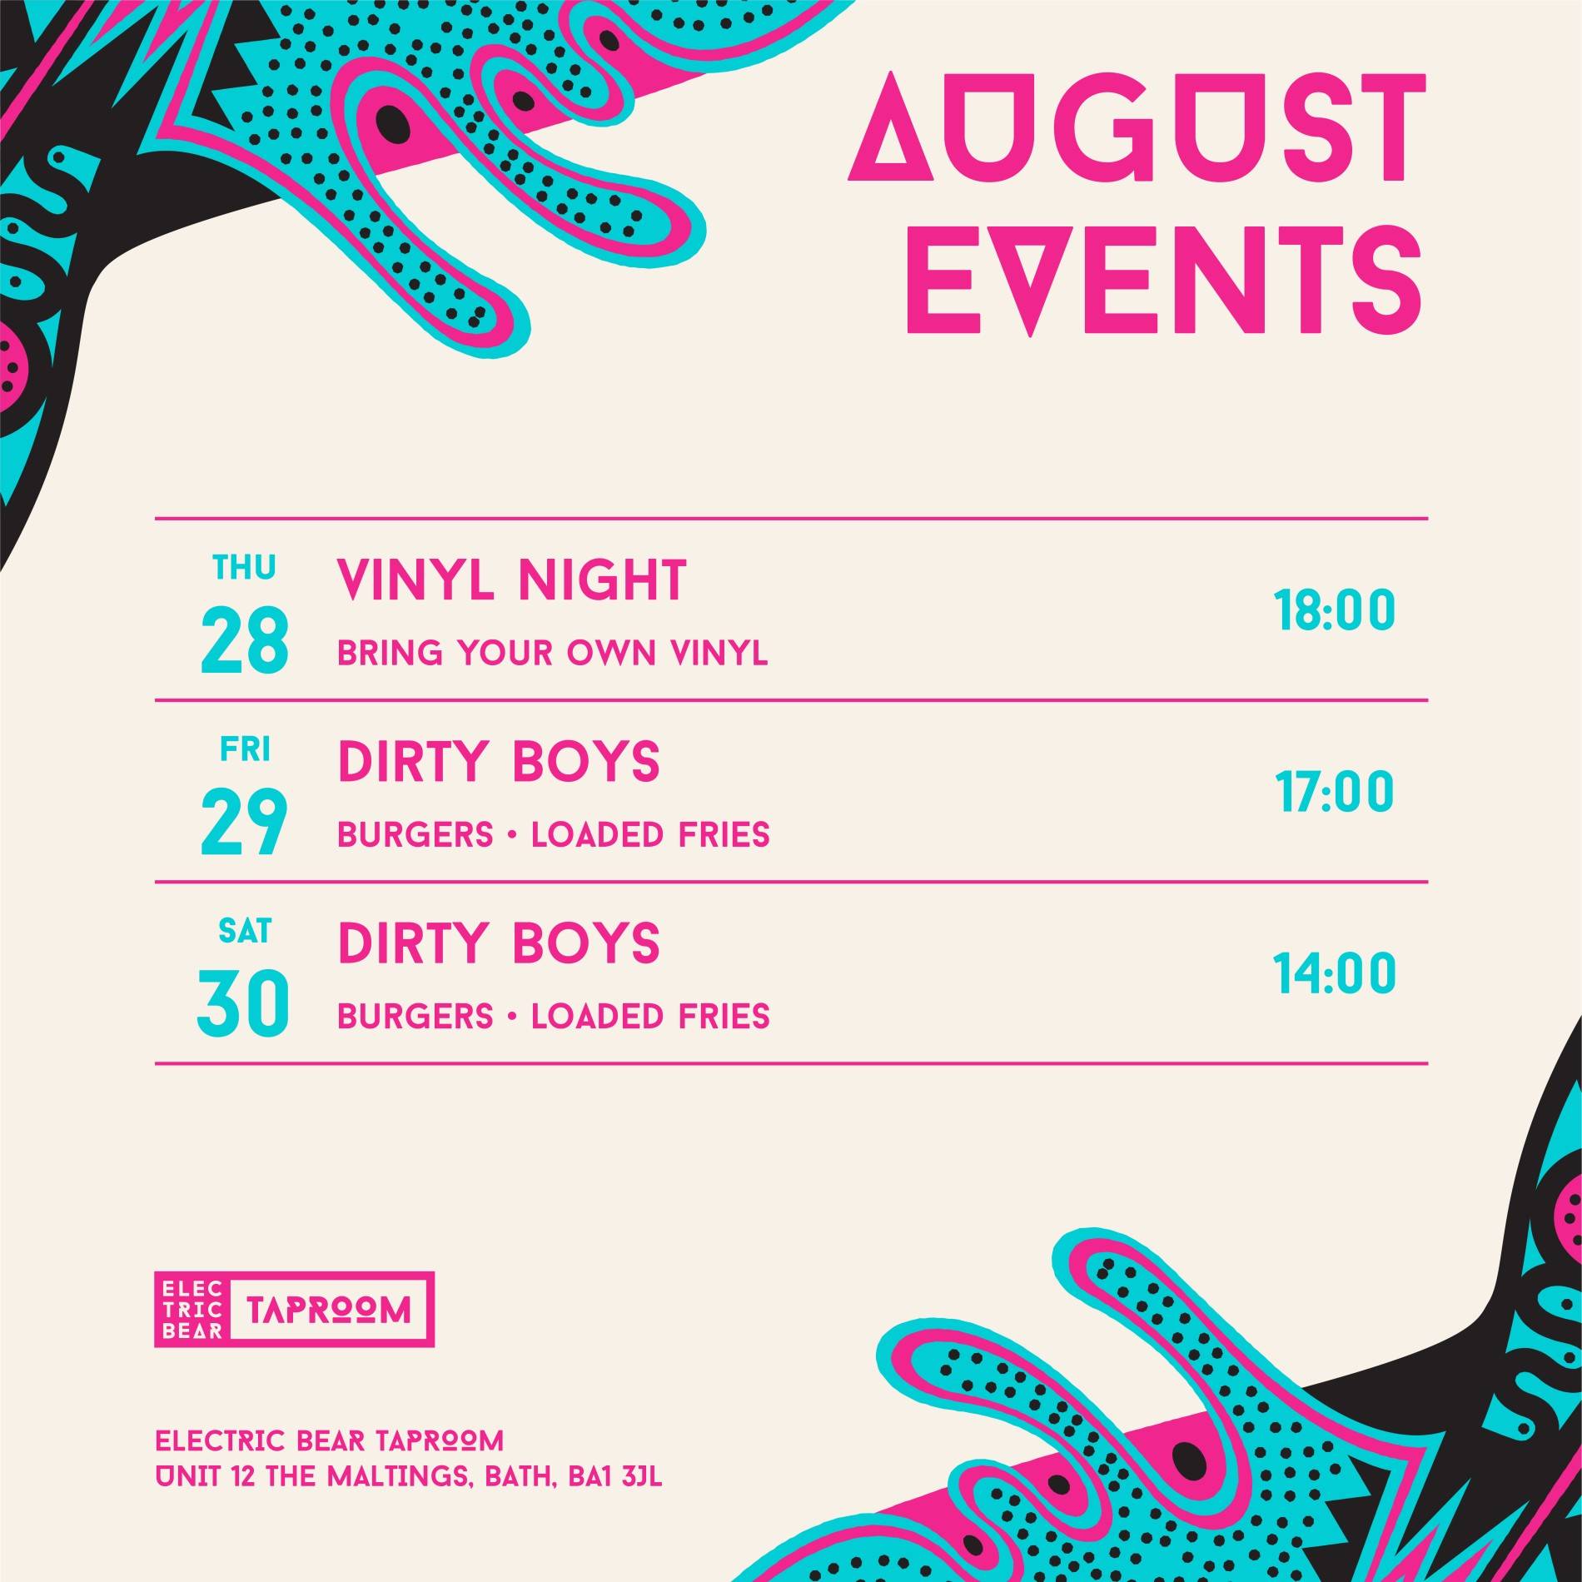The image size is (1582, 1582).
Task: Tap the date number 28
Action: [245, 641]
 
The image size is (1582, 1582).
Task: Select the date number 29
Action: [245, 823]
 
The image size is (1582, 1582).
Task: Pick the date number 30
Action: [243, 1005]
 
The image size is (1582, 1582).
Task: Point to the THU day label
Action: [244, 568]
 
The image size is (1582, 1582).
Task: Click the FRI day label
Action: [245, 750]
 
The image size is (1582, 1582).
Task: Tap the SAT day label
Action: [245, 932]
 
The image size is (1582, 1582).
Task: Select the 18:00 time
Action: [1334, 612]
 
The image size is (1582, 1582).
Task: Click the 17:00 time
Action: [1334, 793]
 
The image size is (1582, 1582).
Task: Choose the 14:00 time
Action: [1334, 974]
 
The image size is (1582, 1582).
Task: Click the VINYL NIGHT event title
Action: [511, 580]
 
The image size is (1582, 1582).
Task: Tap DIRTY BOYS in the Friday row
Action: [498, 761]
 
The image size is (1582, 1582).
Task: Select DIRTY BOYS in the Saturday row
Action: [498, 943]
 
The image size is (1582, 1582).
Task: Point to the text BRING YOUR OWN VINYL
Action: [552, 654]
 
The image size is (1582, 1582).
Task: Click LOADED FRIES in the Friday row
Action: [650, 835]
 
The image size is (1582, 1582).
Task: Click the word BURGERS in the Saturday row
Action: [415, 1017]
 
